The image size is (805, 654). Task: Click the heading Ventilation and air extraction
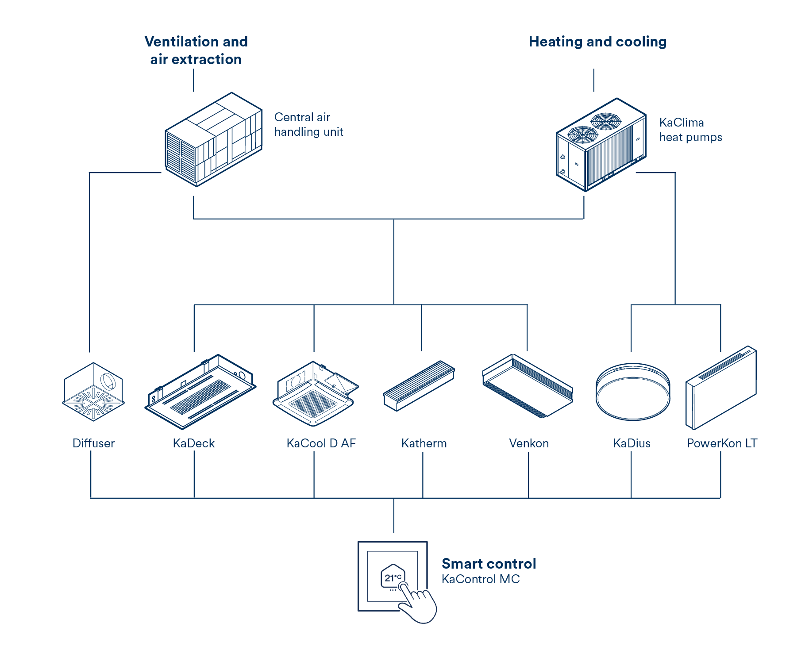point(196,50)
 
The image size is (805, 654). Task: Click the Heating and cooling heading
point(597,42)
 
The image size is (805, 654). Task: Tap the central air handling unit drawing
point(214,139)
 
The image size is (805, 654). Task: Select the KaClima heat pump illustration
point(601,145)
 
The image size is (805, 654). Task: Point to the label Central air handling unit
point(308,124)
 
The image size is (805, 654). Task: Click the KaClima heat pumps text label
point(690,130)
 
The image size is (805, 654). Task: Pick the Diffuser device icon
point(93,392)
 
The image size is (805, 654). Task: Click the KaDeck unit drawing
point(200,392)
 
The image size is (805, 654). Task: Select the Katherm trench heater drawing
point(419,385)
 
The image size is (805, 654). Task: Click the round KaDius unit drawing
point(632,392)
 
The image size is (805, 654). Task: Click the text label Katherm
point(424,443)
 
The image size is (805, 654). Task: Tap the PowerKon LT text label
point(722,443)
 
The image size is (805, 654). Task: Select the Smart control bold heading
point(489,564)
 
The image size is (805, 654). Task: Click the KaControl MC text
point(481,579)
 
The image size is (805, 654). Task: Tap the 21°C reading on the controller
point(393,577)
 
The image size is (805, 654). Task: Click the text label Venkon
point(528,443)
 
